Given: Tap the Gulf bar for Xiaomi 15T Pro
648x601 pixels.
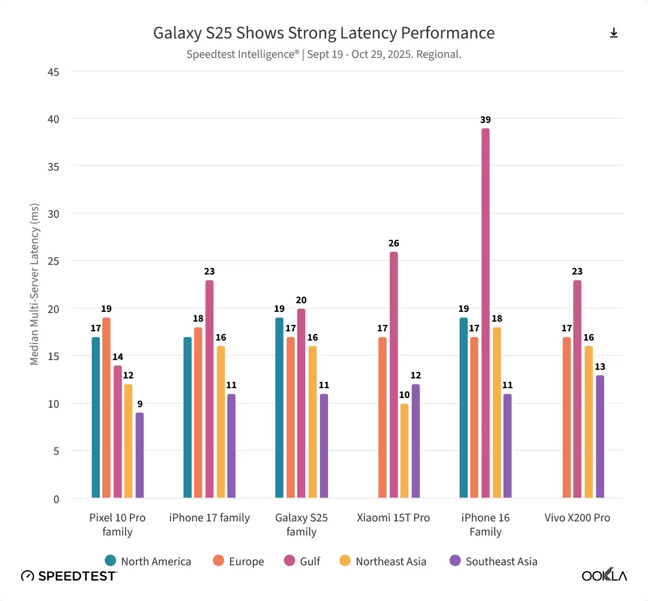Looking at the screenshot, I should point(394,375).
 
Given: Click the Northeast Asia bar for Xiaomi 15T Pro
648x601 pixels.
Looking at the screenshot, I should point(404,450).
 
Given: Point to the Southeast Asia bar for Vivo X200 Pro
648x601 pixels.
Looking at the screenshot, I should point(600,436).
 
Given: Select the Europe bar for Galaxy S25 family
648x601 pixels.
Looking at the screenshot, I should point(291,417).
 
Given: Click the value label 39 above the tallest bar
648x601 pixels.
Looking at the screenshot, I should point(486,120).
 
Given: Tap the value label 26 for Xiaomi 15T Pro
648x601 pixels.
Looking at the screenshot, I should point(394,243).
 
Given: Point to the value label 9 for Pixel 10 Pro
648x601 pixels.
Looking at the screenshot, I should point(140,404).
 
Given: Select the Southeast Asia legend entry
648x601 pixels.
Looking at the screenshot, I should point(493,561).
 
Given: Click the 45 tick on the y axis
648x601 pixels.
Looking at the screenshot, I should point(53,72).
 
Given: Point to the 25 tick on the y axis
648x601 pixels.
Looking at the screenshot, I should point(53,261).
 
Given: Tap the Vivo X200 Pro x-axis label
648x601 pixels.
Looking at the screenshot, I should point(577,518).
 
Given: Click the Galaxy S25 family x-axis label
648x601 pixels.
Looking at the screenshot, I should point(302,524).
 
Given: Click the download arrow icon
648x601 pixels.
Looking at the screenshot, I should point(614,33).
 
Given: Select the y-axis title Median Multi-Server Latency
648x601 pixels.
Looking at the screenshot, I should point(35,284).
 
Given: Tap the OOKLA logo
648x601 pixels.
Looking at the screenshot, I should point(604,575).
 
